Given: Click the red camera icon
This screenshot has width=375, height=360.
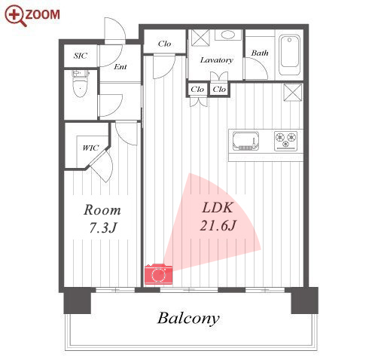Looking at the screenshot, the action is [158, 274].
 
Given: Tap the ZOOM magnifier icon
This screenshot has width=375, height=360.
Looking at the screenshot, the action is [16, 16].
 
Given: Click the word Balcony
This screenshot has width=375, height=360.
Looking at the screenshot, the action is [188, 319].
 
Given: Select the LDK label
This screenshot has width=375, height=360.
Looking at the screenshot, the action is [218, 208].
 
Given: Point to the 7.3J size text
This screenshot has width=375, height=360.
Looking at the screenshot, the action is [103, 228].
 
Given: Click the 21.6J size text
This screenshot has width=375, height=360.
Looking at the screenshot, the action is [218, 225].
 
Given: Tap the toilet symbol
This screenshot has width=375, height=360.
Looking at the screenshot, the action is [81, 84].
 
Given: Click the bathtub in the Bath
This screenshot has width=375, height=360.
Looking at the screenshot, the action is [290, 55].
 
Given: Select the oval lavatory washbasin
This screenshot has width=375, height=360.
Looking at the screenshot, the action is [228, 35].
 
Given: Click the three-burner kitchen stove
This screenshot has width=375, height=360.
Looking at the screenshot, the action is [285, 141].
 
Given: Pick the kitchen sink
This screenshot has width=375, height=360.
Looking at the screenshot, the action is [245, 141].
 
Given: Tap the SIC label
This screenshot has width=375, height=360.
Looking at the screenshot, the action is [81, 56].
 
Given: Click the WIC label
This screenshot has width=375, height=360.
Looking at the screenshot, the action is [90, 148].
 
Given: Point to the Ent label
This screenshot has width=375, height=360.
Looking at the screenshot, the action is [120, 67].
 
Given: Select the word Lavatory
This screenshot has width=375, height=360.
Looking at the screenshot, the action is [216, 60].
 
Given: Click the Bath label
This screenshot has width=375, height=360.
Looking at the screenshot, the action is [260, 53].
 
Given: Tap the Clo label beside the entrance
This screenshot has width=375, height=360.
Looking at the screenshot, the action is [164, 44].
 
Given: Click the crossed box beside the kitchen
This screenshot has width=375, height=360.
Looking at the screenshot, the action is [293, 93].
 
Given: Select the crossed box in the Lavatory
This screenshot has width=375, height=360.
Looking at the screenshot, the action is [200, 38].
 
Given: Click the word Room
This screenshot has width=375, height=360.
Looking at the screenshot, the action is [102, 210].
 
